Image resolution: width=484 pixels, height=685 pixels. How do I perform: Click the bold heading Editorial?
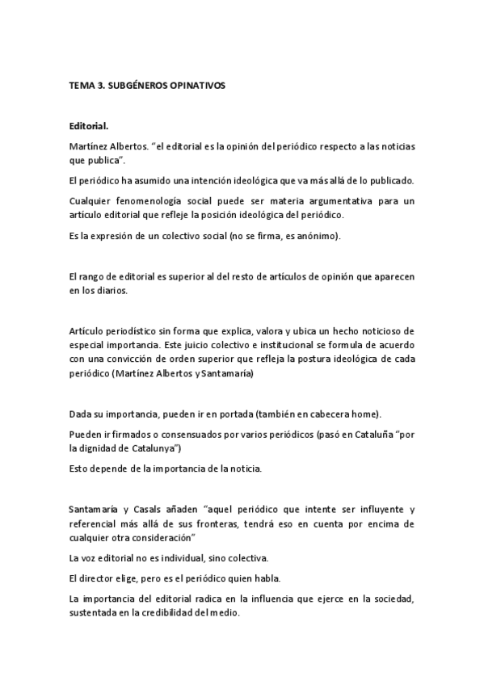[x=89, y=127]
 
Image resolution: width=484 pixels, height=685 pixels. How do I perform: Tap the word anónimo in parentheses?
[x=321, y=235]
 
